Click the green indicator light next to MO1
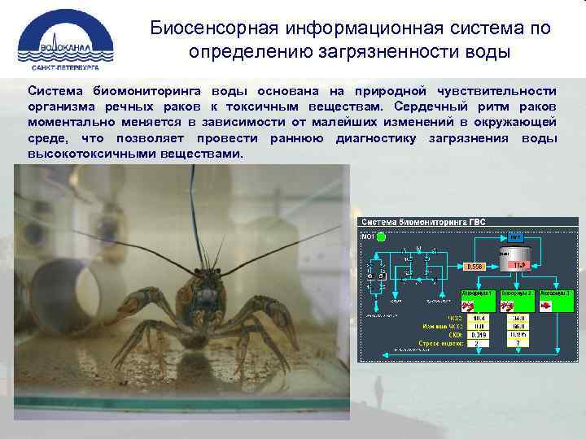[381, 237]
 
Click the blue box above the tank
[515, 237]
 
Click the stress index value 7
[518, 343]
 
